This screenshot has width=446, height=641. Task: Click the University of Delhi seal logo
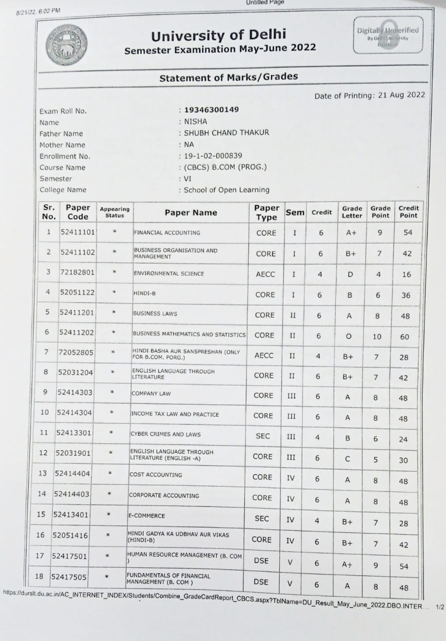[66, 45]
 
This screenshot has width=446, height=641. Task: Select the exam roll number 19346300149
[211, 110]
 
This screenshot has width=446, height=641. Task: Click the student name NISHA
[195, 122]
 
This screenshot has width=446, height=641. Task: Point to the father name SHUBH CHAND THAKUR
[226, 133]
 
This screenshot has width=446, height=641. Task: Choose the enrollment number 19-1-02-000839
[213, 156]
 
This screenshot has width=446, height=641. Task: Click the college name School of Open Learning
[226, 190]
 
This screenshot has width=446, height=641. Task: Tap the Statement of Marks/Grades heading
[228, 77]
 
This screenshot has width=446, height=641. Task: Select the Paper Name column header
[191, 212]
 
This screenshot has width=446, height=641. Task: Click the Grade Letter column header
[352, 212]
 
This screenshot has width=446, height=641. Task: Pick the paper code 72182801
[77, 272]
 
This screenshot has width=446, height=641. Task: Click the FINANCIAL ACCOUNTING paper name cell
[167, 232]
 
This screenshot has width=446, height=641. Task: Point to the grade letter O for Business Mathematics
[349, 336]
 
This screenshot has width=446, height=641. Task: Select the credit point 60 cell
[404, 337]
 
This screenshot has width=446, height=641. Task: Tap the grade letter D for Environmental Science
[350, 274]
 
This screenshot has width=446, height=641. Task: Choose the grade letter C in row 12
[347, 459]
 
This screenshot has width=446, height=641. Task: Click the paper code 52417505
[69, 577]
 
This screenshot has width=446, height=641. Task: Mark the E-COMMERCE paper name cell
[147, 515]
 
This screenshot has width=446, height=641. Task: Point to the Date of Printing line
[369, 95]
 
